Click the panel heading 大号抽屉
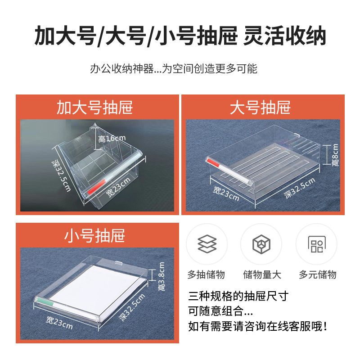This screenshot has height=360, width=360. [x=260, y=108]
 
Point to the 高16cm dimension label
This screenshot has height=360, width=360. [x=112, y=139]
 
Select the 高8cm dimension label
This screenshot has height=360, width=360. [x=335, y=155]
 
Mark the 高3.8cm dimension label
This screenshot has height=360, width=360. [x=162, y=276]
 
